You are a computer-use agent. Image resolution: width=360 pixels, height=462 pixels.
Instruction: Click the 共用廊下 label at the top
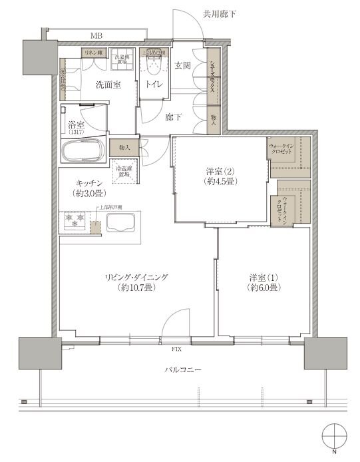click(219, 13)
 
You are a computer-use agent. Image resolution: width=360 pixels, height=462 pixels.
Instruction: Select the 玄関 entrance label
click(184, 65)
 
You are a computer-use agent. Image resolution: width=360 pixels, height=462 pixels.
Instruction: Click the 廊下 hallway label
click(174, 117)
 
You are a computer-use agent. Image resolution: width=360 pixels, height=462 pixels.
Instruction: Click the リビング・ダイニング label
click(135, 282)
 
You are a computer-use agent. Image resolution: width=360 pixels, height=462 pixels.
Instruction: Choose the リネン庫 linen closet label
click(92, 52)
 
